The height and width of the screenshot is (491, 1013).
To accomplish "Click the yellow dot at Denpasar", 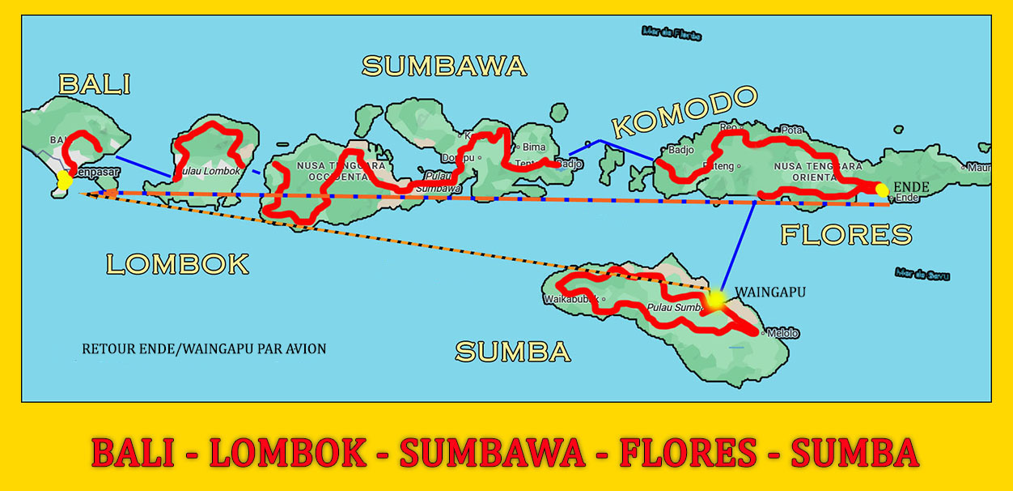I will [63, 179].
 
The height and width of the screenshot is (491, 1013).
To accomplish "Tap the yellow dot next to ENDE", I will [882, 190].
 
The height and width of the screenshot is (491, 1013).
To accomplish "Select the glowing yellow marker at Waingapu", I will [715, 301].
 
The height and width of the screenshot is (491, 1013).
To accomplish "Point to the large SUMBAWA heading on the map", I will [444, 66].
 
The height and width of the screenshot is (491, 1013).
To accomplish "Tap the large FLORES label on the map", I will [846, 235].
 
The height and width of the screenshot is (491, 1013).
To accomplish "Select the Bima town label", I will [535, 147].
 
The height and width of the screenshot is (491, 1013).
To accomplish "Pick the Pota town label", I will [790, 130].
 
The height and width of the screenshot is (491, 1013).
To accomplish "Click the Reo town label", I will [729, 127].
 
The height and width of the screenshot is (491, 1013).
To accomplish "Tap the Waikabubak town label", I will [571, 300].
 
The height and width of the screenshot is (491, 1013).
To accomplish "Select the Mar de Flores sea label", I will [671, 33].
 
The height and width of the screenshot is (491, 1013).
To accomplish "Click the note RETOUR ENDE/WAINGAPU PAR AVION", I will [204, 349].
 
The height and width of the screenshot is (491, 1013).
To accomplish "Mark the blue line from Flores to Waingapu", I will [738, 247].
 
